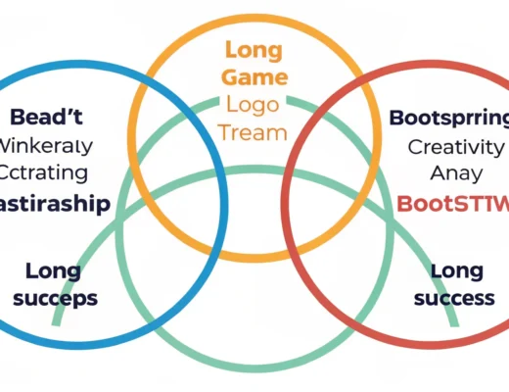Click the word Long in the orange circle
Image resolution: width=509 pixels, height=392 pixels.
pos(254,49)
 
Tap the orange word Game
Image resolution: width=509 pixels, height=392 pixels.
pos(254,77)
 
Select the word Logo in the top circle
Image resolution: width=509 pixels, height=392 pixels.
pos(254,106)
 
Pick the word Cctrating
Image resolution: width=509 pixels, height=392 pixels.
pos(46,174)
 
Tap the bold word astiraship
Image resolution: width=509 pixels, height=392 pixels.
pos(54,203)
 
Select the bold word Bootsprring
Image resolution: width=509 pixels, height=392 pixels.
pos(449,119)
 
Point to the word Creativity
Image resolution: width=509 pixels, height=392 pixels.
pos(455,147)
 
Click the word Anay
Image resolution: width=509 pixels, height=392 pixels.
pos(455,174)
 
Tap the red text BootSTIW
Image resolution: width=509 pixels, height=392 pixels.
pos(452,204)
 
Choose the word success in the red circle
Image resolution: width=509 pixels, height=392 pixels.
pos(453,297)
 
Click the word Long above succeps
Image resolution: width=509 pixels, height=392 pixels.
pos(53,269)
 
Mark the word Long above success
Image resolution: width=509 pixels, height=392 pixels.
pos(457,269)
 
